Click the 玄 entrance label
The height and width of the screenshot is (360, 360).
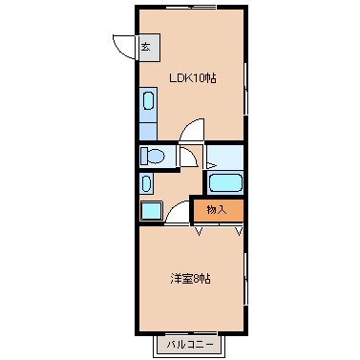point(146,47)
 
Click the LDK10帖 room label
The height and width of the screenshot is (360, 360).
point(193,78)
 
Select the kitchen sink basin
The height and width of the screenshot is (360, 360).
point(148,100)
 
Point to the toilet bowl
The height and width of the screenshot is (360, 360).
point(157,157)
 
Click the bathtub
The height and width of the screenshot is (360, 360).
point(225,183)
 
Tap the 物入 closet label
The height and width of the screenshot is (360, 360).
point(217,210)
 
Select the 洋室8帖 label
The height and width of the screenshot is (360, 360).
point(190,279)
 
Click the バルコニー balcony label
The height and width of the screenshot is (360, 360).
point(190,345)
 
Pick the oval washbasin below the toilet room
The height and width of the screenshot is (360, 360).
point(146,183)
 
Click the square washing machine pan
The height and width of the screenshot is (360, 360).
point(152,210)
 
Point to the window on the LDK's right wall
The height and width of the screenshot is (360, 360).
point(245,89)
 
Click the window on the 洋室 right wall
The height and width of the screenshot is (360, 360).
point(245,279)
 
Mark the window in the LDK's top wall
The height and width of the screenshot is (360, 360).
point(191,7)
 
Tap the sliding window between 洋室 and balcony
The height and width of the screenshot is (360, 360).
point(191,333)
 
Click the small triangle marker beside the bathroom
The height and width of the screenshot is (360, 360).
point(211,165)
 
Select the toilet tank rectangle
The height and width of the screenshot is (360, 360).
point(144,156)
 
